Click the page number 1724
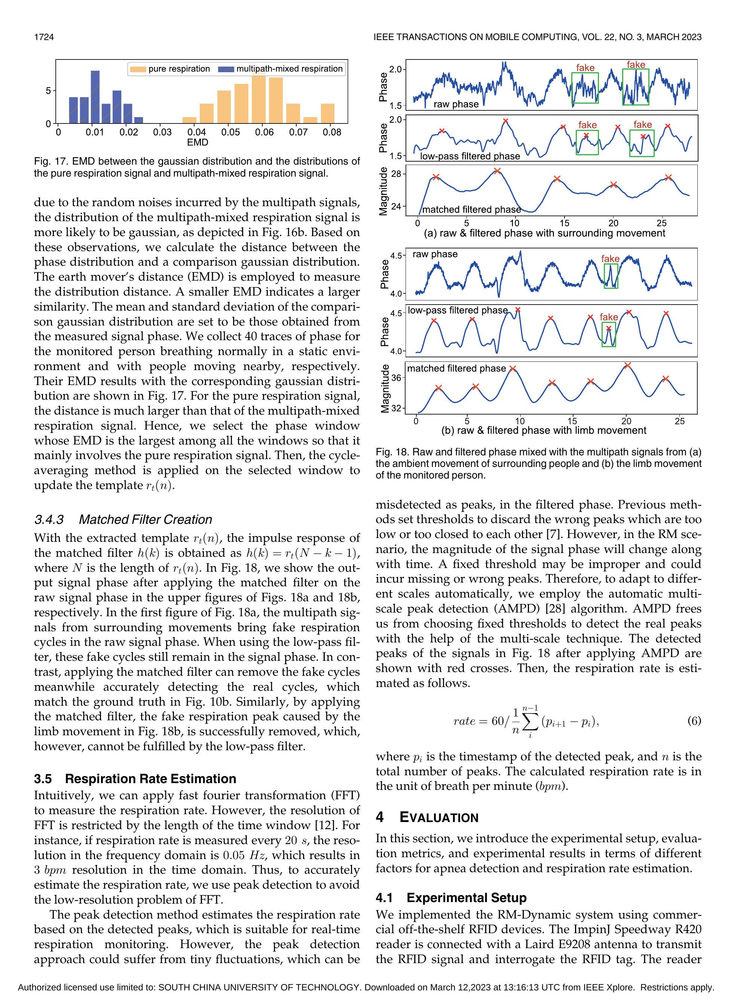coord(44,37)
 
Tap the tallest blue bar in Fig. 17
coord(95,97)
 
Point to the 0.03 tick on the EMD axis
coord(163,132)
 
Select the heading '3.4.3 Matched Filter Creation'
coord(123,519)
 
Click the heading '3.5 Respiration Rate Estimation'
coord(135,779)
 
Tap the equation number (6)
coord(694,721)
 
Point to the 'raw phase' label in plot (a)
coord(456,104)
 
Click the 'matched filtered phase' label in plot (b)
coord(456,369)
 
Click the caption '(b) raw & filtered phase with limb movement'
coord(544,430)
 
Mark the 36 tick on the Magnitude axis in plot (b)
coord(396,378)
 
